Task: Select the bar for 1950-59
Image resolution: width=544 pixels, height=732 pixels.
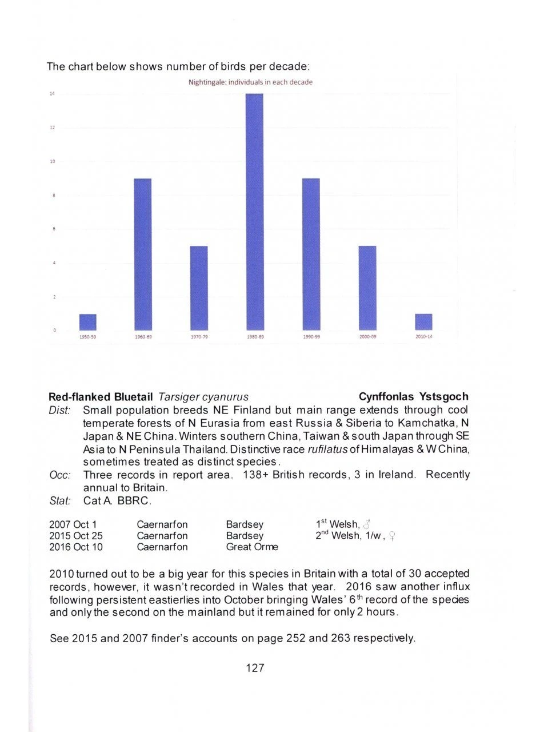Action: click(87, 322)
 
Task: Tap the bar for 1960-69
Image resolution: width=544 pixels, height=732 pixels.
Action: click(143, 254)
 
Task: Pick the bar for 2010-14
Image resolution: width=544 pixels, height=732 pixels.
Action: click(423, 322)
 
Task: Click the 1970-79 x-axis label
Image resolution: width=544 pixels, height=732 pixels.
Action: click(199, 337)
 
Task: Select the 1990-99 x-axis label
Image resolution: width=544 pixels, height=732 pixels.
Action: click(311, 337)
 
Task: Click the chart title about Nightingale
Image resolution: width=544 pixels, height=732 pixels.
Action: click(250, 82)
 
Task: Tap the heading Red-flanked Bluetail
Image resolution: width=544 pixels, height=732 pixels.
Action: click(101, 397)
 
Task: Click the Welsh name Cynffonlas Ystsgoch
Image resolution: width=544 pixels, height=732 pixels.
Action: click(413, 397)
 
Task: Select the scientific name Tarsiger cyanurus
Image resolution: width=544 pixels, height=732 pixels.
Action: click(203, 397)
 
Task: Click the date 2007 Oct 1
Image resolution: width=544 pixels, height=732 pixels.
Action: click(73, 524)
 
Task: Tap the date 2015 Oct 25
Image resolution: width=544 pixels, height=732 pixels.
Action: click(75, 536)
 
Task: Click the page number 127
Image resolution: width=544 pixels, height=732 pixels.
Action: click(254, 667)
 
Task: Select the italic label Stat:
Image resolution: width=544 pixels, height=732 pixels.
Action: click(59, 502)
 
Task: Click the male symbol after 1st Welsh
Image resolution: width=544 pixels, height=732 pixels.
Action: click(367, 525)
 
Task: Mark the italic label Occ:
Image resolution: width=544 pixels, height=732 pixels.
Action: click(59, 475)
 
